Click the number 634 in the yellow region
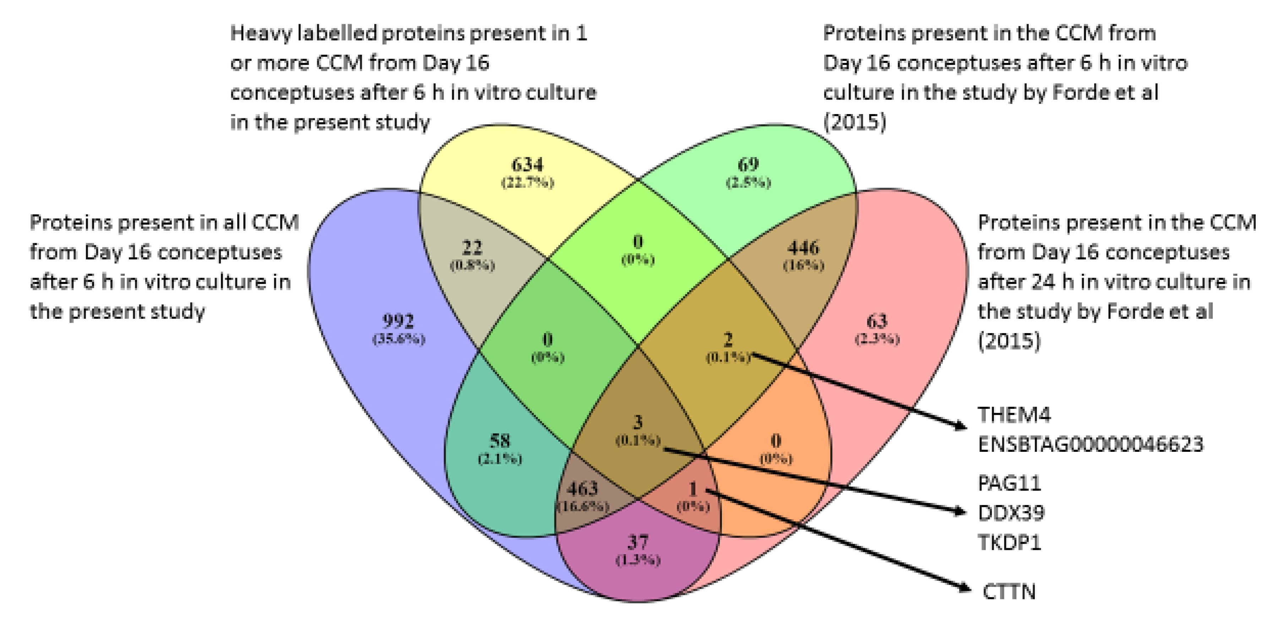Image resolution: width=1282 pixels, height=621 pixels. (527, 164)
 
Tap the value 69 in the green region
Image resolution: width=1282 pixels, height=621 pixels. (748, 164)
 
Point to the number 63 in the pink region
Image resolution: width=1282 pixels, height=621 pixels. (877, 321)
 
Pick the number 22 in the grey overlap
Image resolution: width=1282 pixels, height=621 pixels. (472, 247)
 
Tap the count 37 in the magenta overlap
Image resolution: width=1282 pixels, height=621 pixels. (637, 542)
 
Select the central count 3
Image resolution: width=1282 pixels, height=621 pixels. (637, 422)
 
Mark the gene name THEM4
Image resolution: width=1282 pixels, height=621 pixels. (1014, 415)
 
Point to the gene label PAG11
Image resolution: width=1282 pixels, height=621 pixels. (1009, 483)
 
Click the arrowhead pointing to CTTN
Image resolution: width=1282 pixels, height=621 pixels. (965, 589)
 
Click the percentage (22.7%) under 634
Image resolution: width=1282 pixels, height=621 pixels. (527, 183)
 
